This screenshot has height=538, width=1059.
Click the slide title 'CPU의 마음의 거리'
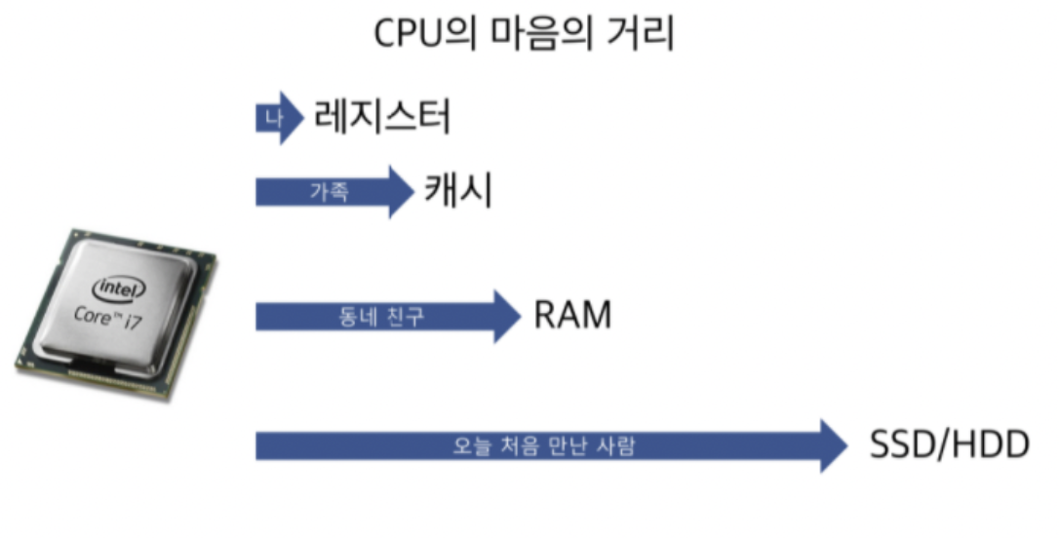coord(526,35)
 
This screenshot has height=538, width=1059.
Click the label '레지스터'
coord(383,119)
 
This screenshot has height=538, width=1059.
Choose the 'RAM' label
coord(572,316)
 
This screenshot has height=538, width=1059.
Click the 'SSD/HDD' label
coord(949,446)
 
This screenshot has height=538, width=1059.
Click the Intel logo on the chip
coord(118,288)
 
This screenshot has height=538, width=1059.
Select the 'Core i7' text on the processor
coord(107,315)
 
